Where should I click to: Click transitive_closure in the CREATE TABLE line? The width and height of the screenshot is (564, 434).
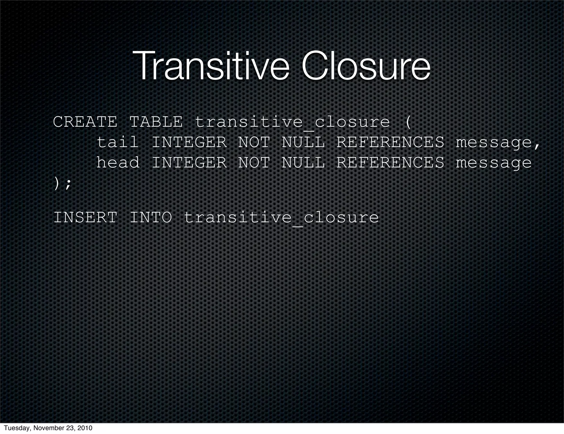(x=292, y=122)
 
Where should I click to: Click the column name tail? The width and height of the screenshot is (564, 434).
(x=118, y=142)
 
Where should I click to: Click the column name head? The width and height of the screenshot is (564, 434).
(x=118, y=162)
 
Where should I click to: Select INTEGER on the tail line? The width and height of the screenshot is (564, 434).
(x=189, y=142)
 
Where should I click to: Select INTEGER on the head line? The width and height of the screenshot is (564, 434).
(x=189, y=162)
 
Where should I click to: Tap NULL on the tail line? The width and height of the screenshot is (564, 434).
(x=303, y=142)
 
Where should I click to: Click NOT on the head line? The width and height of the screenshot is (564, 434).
(x=254, y=162)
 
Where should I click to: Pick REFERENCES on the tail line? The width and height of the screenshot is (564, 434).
(x=390, y=142)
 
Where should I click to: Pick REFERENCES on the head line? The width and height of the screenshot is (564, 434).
(x=390, y=162)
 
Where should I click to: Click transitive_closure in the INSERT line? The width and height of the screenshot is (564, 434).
(x=281, y=218)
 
